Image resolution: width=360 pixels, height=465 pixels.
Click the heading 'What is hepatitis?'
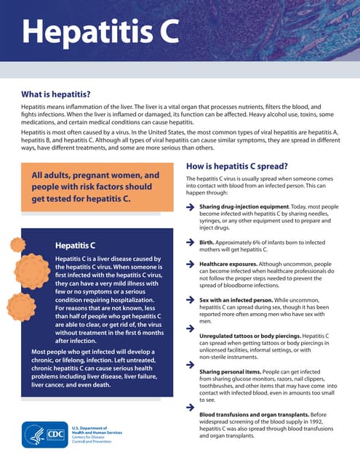coord(55,94)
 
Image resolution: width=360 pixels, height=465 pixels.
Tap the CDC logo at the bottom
coord(45,434)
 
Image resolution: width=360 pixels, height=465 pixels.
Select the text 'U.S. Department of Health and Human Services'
coord(96,429)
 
